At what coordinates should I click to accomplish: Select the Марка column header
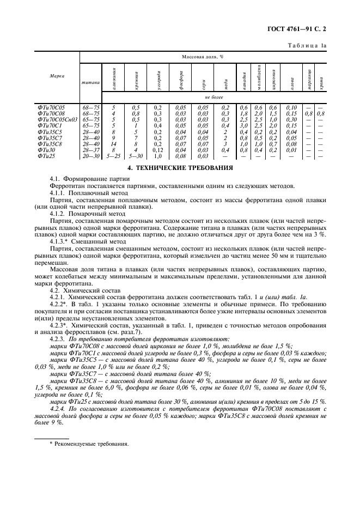point(57,76)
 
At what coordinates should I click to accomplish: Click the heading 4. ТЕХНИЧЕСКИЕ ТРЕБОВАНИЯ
point(180,168)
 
